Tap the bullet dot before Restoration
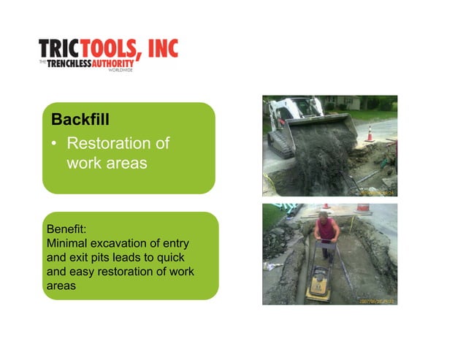(54, 143)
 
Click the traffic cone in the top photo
(370, 133)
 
